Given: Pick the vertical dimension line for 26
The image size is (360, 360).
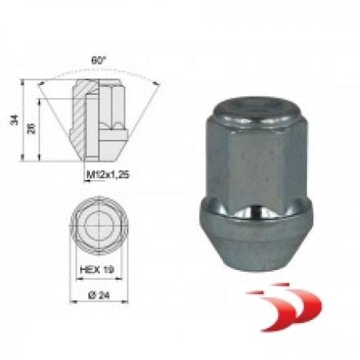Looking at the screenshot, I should tap(41, 131).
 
